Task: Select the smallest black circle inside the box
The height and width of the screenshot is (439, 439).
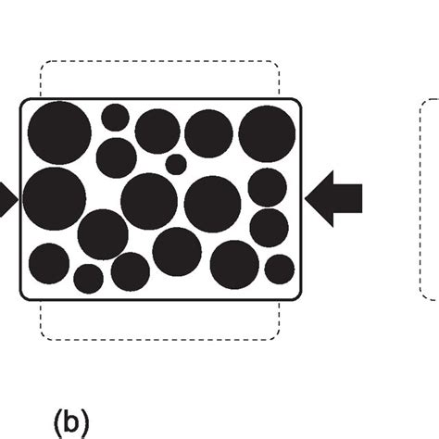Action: (176, 165)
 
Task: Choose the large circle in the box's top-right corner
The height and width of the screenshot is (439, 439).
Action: (268, 134)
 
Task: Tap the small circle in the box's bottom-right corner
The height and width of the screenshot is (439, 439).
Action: (279, 270)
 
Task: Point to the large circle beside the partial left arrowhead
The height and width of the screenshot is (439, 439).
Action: (47, 197)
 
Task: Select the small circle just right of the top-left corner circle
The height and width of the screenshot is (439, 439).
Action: (115, 117)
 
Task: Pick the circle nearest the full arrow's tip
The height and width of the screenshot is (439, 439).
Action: (268, 188)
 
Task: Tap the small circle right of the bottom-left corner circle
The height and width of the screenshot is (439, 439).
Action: (89, 278)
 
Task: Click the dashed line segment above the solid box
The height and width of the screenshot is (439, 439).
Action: (157, 63)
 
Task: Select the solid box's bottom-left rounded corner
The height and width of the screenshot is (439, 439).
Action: (26, 295)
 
